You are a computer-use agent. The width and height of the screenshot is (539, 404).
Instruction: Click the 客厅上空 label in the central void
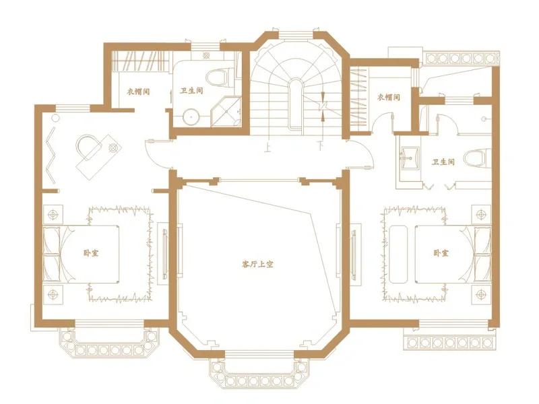257,265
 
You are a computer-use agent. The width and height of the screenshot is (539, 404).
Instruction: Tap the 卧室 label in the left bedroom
91,253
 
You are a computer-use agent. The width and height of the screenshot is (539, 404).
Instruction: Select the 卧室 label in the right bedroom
441,253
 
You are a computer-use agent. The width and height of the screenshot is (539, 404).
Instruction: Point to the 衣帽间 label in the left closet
139,92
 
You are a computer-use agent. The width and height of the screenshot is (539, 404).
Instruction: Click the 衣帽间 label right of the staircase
389,97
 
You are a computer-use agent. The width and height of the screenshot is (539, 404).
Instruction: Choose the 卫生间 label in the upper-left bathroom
191,91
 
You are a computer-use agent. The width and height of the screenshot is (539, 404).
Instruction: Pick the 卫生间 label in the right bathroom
443,162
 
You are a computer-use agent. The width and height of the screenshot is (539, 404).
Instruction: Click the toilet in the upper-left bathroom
220,78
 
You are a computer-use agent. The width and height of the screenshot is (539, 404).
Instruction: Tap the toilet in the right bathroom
478,158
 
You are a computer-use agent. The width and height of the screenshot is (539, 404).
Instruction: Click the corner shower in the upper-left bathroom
226,112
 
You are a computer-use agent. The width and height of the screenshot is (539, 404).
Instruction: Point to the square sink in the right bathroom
410,158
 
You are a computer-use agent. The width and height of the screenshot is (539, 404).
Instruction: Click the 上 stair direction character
267,148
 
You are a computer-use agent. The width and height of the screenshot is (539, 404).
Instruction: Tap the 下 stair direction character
321,146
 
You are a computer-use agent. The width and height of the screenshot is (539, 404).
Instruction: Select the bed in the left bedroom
81,254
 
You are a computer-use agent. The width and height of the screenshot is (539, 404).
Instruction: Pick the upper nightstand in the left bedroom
53,215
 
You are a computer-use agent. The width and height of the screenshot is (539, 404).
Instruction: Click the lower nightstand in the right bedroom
481,294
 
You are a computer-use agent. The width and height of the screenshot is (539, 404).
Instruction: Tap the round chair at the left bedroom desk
88,147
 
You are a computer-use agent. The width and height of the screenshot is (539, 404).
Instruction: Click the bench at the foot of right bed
398,255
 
